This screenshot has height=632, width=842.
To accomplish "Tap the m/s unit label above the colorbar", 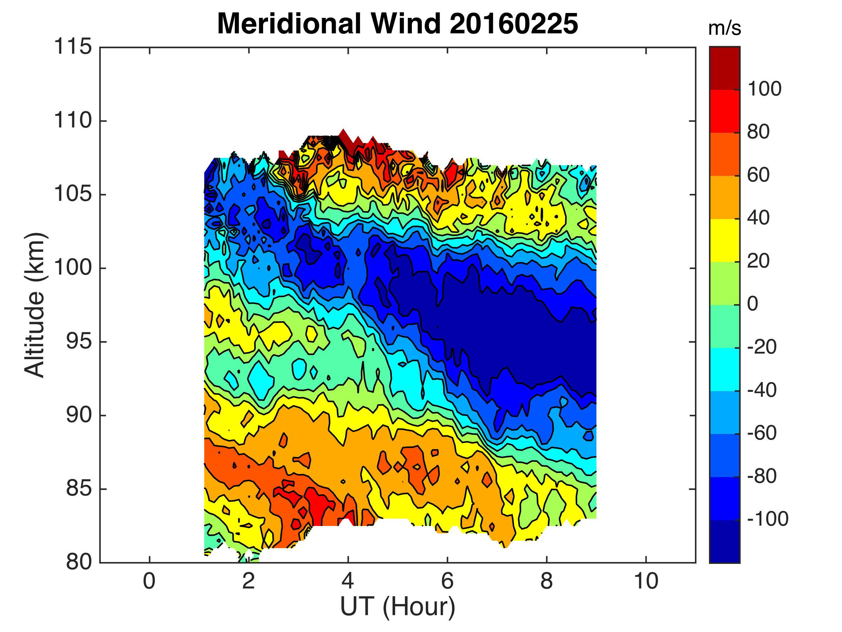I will click(724, 29).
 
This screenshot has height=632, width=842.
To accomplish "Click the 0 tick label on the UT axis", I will click(149, 582).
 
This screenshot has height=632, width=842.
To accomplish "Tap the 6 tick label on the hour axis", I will click(447, 582).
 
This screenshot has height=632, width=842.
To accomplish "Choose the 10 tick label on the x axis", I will click(646, 582).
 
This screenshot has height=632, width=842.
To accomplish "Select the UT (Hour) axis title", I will click(398, 606).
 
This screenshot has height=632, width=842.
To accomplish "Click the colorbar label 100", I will click(764, 89).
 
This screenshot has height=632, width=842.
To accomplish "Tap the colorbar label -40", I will click(762, 390).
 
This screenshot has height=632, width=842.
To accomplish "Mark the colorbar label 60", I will click(758, 175).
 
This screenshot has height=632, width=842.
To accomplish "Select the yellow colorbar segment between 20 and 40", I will click(724, 241).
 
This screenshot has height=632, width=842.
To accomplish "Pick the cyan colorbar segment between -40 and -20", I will click(724, 369).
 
